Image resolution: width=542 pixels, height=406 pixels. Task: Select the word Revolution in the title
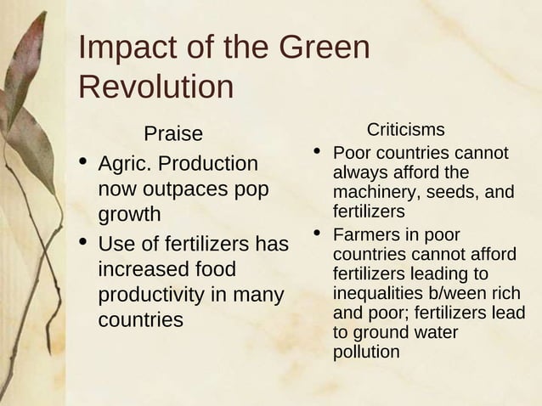click(155, 87)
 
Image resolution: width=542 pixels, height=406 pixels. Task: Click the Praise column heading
click(173, 133)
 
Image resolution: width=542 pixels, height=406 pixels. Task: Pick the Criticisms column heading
click(405, 129)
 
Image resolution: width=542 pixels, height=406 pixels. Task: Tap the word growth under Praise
click(129, 215)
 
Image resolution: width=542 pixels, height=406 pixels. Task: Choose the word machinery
click(374, 192)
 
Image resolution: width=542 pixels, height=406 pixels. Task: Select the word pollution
click(366, 352)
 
